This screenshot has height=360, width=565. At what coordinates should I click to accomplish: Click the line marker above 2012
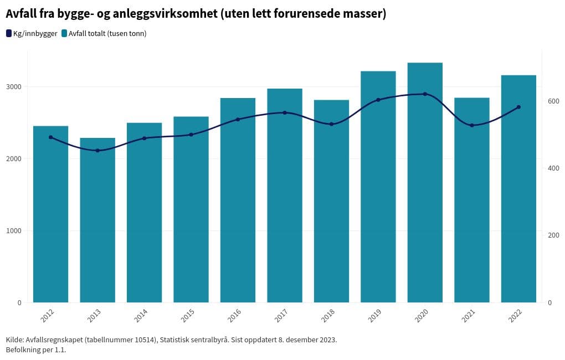coord(50,137)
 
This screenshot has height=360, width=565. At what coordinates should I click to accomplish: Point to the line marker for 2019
coord(378,100)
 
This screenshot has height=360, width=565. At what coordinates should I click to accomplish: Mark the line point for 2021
coord(472,125)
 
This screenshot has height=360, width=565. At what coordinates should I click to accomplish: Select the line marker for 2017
coord(285,112)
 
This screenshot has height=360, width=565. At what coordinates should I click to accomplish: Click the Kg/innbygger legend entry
coord(32,34)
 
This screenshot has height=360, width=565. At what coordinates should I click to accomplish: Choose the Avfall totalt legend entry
coord(104,34)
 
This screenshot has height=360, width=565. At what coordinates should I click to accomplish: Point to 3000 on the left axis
coord(14,87)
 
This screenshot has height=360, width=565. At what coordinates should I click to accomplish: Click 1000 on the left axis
coord(14,231)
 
